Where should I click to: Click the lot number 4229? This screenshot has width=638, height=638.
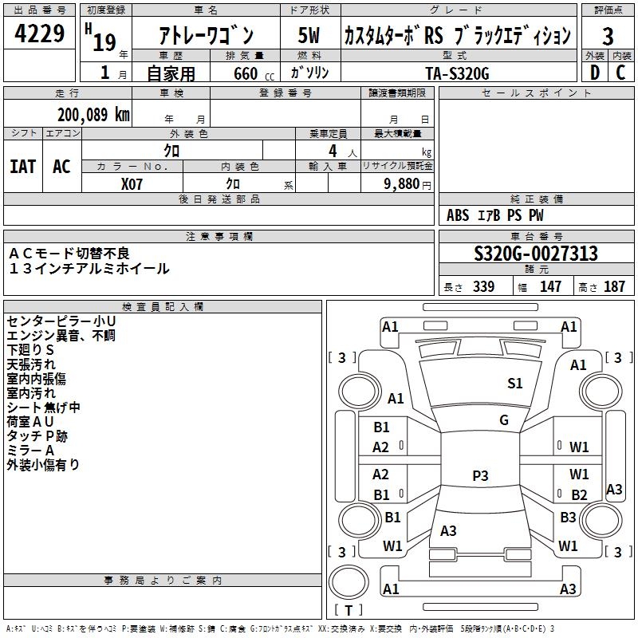pos(39,33)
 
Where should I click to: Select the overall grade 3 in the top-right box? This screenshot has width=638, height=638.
pos(608,36)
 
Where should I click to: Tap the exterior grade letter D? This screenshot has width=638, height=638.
pos(594,73)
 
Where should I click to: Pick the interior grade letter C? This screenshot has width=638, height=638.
pos(620,73)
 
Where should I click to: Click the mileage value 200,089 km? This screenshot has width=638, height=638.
pos(93,115)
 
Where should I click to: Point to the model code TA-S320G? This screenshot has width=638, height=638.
pos(457,73)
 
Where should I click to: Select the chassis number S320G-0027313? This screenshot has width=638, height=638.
pos(536,253)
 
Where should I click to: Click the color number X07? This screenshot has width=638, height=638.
pos(132,184)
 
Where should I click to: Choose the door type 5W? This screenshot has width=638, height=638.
pos(309,35)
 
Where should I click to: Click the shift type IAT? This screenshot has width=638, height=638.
pos(23,167)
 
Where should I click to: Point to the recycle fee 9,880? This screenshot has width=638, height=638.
pos(402,184)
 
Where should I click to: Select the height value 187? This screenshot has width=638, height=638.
pos(614,286)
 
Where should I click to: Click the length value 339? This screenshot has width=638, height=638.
pos(483,286)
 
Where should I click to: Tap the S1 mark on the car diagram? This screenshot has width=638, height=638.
pos(514,383)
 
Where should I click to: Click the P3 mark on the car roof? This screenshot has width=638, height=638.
pos(480,475)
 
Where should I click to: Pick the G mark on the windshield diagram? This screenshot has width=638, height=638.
pos(504,419)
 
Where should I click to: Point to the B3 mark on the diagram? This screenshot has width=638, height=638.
pos(568,517)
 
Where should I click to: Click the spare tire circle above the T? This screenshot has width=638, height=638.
pos(349,582)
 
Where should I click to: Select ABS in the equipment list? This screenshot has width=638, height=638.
pos(458,215)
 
